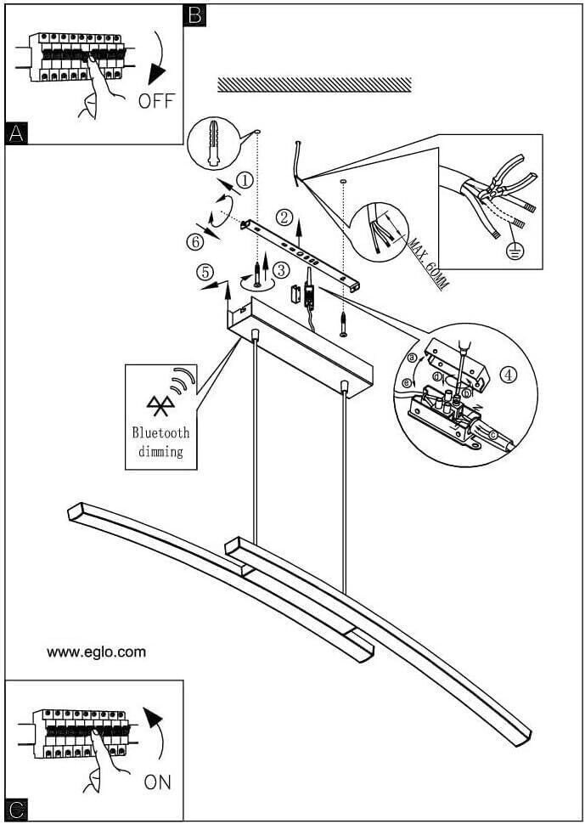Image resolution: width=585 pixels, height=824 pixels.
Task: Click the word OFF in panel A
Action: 155,101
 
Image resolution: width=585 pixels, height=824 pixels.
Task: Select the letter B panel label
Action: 194,14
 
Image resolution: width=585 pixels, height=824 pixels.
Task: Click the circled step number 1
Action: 245,180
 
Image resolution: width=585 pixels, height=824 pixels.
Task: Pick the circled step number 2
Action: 284,216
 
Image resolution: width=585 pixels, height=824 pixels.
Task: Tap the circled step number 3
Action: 282,270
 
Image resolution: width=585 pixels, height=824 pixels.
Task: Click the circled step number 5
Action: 204,273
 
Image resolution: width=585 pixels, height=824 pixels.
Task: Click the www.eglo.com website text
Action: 96,652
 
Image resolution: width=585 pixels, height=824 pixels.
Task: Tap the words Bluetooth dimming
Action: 160,442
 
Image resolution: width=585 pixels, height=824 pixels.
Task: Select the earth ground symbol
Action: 513,251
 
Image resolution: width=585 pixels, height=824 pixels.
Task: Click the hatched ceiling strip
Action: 314,85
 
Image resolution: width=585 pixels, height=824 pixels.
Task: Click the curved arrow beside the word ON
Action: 155,731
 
